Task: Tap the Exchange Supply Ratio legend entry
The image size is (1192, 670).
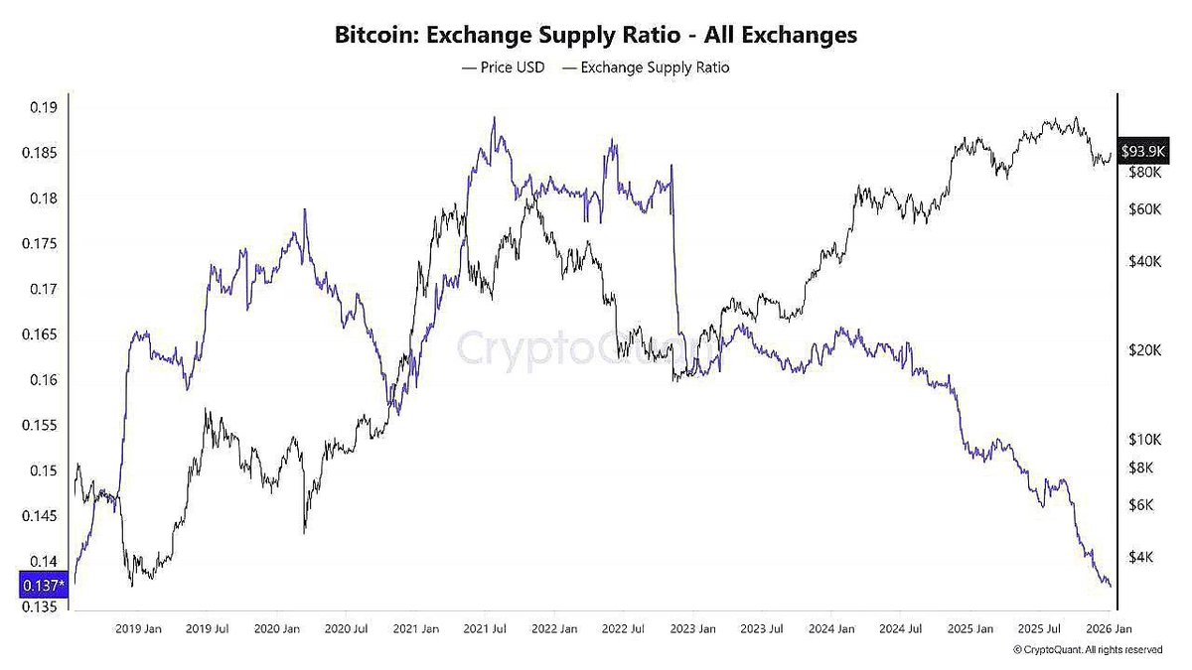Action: (x=646, y=67)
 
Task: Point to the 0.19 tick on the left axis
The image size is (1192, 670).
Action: (x=43, y=108)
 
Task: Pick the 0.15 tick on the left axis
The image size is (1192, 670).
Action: (x=43, y=470)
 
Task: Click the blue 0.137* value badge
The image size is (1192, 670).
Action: (x=43, y=587)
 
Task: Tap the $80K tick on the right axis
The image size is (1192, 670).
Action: (x=1144, y=173)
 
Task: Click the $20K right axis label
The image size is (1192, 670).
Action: (x=1144, y=350)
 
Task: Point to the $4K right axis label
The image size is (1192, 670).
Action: (x=1141, y=557)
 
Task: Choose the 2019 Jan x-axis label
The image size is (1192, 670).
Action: (x=139, y=628)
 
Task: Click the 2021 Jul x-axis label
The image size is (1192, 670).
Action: (x=487, y=628)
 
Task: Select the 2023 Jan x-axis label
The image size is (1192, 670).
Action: (x=693, y=628)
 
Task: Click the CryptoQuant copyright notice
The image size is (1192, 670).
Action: (x=1088, y=649)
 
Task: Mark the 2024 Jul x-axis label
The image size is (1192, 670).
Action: (x=901, y=628)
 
